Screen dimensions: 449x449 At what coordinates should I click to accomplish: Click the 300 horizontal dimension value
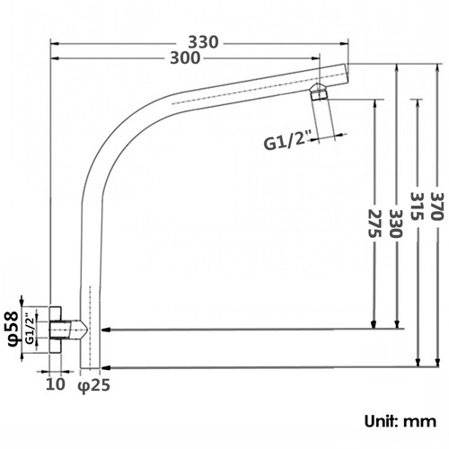coord(185,58)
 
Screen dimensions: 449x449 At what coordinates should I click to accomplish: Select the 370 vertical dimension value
coord(436,207)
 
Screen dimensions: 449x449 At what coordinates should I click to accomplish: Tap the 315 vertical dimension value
coord(417,207)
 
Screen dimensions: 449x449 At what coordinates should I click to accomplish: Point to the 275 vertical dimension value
coord(374,224)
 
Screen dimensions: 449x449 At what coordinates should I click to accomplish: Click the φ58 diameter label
coord(13,329)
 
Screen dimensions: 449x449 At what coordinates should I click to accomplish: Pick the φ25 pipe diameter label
coord(94,385)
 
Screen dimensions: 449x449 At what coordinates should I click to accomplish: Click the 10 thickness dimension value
coord(56,383)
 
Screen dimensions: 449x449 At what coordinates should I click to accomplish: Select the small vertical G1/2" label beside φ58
coord(30,329)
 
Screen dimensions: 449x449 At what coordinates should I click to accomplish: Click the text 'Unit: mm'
coord(401,421)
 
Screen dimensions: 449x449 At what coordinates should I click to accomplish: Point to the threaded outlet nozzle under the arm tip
coord(319,92)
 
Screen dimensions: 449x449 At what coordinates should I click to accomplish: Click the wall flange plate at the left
coord(56,330)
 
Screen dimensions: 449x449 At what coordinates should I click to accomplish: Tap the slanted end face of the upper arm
coord(347,73)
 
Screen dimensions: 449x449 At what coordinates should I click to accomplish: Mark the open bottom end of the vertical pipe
coord(90,368)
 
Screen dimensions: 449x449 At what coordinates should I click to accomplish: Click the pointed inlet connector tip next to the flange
coord(84,330)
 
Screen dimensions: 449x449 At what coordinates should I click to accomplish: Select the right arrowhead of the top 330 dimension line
coord(345,44)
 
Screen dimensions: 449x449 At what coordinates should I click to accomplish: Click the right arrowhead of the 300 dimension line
coord(316,58)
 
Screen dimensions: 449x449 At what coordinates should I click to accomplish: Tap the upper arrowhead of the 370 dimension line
coord(438,68)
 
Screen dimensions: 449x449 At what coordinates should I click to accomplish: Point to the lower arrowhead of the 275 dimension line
coord(374,324)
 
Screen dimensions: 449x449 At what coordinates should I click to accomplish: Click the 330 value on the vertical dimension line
coord(396,224)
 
